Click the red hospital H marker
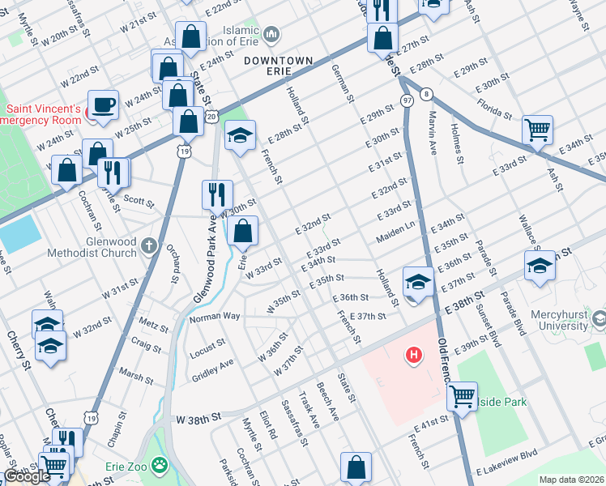coord(415,355)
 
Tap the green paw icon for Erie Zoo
coord(161,466)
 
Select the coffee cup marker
coord(105,104)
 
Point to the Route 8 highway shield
coord(425,94)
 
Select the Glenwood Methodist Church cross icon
coord(148,245)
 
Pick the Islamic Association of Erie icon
coord(271,35)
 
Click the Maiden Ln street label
coord(395,236)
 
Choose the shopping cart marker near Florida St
coord(537,130)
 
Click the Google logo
coord(27,476)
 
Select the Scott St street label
coord(139,200)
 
